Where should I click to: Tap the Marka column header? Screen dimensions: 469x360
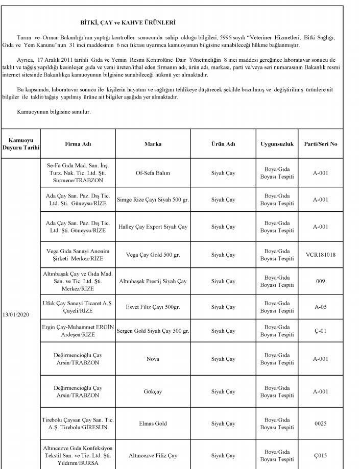pyautogui.click(x=153, y=144)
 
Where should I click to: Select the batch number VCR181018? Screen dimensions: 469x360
pyautogui.click(x=320, y=255)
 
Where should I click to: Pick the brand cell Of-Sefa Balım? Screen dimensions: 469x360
pyautogui.click(x=153, y=173)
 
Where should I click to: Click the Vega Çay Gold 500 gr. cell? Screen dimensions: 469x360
pyautogui.click(x=153, y=255)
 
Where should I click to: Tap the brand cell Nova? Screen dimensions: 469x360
pyautogui.click(x=153, y=359)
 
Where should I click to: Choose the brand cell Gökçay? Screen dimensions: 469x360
pyautogui.click(x=153, y=391)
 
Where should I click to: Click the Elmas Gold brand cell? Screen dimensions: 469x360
pyautogui.click(x=153, y=424)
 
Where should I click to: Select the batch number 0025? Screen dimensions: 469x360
pyautogui.click(x=320, y=424)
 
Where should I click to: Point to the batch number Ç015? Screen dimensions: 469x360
pyautogui.click(x=320, y=455)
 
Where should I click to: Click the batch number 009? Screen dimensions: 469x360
pyautogui.click(x=320, y=281)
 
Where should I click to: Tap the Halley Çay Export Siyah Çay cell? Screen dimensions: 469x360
pyautogui.click(x=153, y=227)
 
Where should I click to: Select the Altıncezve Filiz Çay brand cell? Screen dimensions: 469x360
pyautogui.click(x=153, y=455)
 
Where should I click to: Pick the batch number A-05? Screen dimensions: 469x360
pyautogui.click(x=320, y=307)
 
